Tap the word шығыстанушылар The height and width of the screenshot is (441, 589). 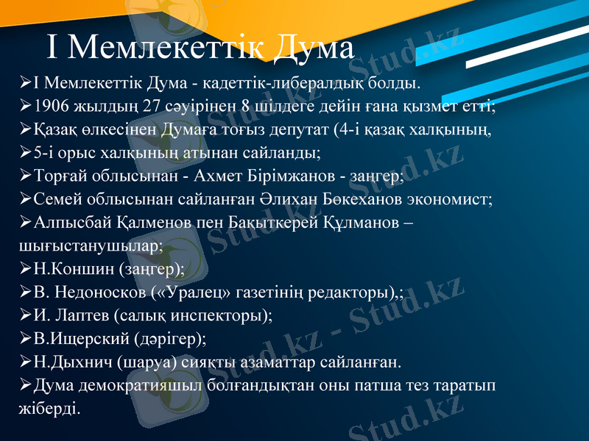tap(89, 245)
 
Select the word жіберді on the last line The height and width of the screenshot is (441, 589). tap(46, 406)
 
